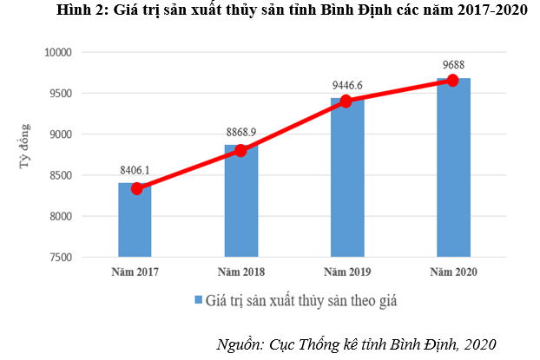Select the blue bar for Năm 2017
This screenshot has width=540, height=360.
(x=135, y=221)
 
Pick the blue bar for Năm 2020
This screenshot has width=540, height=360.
(x=453, y=168)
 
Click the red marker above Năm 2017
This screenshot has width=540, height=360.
(x=136, y=188)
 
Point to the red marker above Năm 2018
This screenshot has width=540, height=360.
(x=241, y=150)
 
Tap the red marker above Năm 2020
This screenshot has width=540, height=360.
(x=452, y=81)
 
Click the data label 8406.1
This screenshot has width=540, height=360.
(x=135, y=170)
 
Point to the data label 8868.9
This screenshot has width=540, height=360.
(x=241, y=132)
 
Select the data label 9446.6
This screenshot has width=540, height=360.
(x=347, y=84)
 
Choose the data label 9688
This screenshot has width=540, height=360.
(x=452, y=63)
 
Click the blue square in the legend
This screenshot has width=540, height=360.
(x=197, y=300)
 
